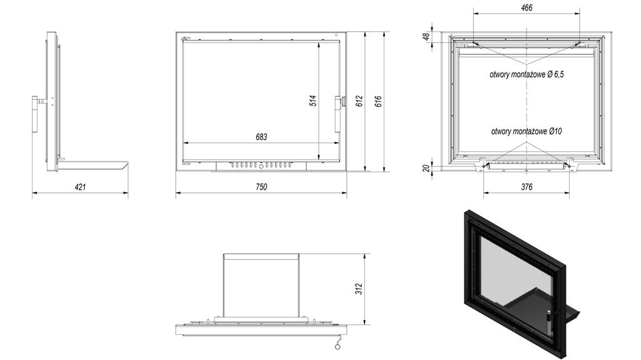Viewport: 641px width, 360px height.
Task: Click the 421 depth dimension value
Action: (x=80, y=187)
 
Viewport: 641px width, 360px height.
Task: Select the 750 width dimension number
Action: (x=261, y=187)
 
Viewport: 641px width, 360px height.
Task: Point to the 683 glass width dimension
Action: (x=261, y=136)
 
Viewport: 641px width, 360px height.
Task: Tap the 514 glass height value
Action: (x=313, y=101)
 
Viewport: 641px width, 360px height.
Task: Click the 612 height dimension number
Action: (x=359, y=101)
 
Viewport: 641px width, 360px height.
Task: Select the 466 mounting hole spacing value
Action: (x=527, y=8)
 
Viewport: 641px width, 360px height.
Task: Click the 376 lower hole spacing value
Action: (x=527, y=187)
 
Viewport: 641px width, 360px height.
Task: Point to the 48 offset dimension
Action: (x=427, y=36)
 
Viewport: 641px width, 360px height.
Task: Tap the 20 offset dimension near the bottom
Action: (x=427, y=168)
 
